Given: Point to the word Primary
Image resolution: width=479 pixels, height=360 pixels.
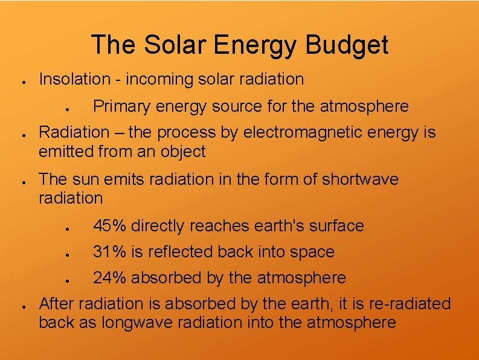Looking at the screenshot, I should pos(121,106).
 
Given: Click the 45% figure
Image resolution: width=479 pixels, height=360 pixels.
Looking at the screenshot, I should pos(109,226).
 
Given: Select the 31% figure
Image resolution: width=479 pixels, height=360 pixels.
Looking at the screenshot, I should pos(109,252).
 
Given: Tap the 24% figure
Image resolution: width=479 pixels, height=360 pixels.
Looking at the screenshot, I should pos(109,278).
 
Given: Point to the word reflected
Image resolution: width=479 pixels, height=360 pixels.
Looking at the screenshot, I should pos(181,252).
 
